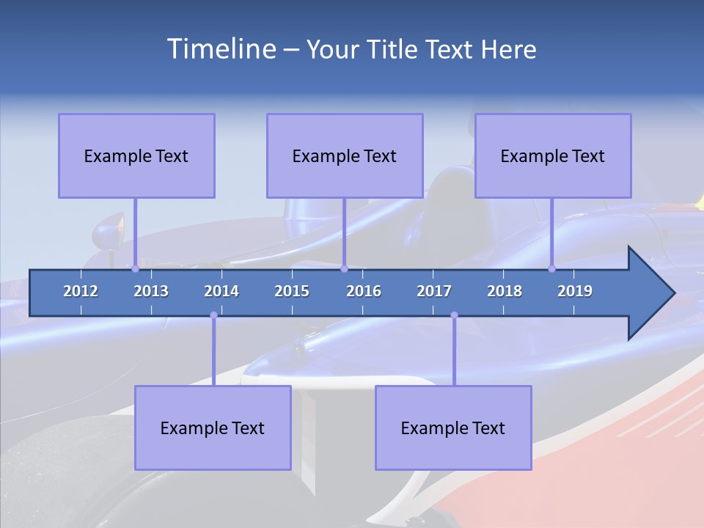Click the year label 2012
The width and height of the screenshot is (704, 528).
click(81, 291)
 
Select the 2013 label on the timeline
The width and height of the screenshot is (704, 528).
click(151, 291)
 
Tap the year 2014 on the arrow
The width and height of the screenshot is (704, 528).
click(221, 291)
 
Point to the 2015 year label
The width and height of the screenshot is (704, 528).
click(292, 291)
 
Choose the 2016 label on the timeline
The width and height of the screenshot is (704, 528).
click(364, 291)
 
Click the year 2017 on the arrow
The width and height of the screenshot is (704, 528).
click(434, 291)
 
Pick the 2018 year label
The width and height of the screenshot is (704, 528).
click(505, 291)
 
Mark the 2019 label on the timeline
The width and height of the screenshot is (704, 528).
click(575, 291)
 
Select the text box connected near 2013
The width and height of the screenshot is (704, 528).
click(136, 155)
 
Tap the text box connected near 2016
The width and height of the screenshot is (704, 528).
click(345, 155)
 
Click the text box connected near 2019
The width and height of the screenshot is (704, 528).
click(553, 155)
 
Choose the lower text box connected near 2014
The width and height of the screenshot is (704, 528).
click(213, 428)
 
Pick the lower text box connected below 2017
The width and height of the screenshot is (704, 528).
click(453, 428)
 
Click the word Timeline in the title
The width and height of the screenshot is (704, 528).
click(220, 49)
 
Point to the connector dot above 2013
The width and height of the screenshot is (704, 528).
click(135, 268)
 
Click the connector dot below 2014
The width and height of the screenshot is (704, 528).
click(213, 315)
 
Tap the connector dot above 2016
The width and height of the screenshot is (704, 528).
click(344, 268)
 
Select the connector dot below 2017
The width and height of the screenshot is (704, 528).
click(454, 315)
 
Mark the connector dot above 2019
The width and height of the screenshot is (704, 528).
click(551, 268)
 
